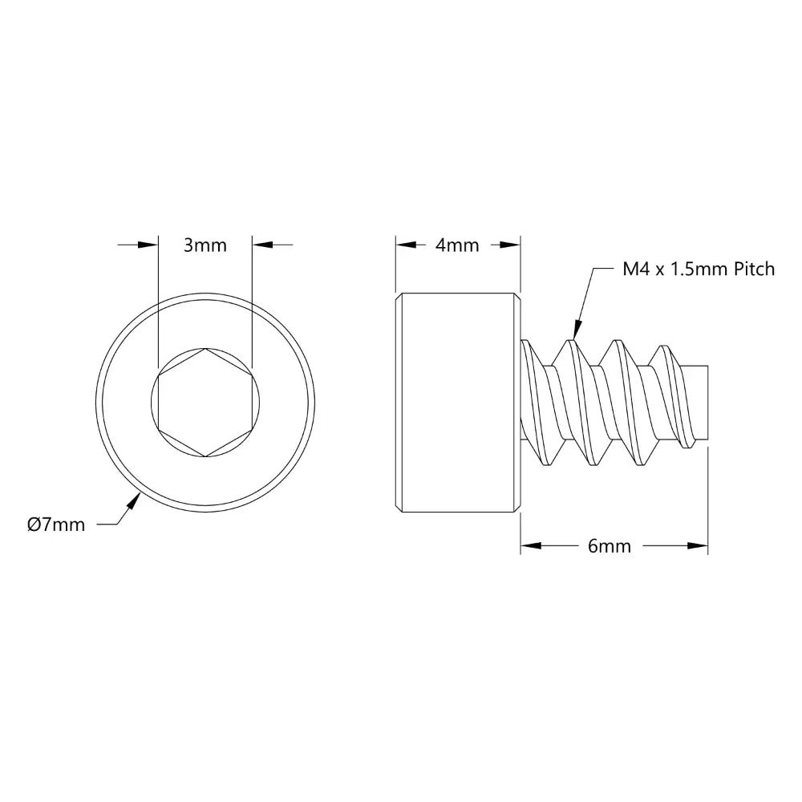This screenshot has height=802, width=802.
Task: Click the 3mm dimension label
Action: pyautogui.click(x=205, y=245)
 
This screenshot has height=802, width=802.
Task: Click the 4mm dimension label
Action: pyautogui.click(x=457, y=245)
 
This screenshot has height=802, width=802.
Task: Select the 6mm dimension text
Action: pyautogui.click(x=609, y=546)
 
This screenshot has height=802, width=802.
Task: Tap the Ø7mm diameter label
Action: pyautogui.click(x=55, y=525)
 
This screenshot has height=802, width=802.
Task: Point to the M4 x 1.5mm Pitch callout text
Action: pyautogui.click(x=699, y=269)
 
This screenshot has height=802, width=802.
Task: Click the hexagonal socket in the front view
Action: pyautogui.click(x=205, y=403)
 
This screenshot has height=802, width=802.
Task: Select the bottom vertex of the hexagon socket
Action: pyautogui.click(x=205, y=457)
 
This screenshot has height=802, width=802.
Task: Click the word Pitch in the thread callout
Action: pyautogui.click(x=754, y=269)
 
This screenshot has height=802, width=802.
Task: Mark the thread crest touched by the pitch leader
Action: pyautogui.click(x=572, y=340)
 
